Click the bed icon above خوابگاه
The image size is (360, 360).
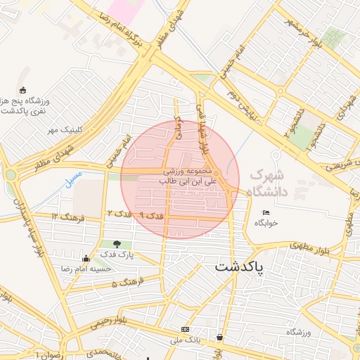[266, 213]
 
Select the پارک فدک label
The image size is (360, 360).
[117, 253]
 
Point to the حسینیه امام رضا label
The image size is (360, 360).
[87, 269]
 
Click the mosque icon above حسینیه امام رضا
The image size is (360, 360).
[86, 259]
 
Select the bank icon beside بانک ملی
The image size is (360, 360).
[185, 329]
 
